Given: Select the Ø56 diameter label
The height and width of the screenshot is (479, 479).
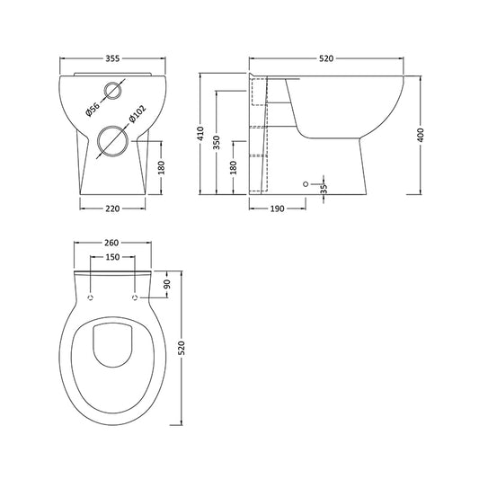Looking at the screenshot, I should [x=92, y=111].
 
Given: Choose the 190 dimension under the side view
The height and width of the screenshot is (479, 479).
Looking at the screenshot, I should [x=278, y=208].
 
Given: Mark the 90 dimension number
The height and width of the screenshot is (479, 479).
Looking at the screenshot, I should [x=167, y=284].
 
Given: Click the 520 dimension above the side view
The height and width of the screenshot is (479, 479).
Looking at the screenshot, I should [x=326, y=58].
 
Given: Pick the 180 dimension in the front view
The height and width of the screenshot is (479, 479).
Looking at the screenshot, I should [x=161, y=168].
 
